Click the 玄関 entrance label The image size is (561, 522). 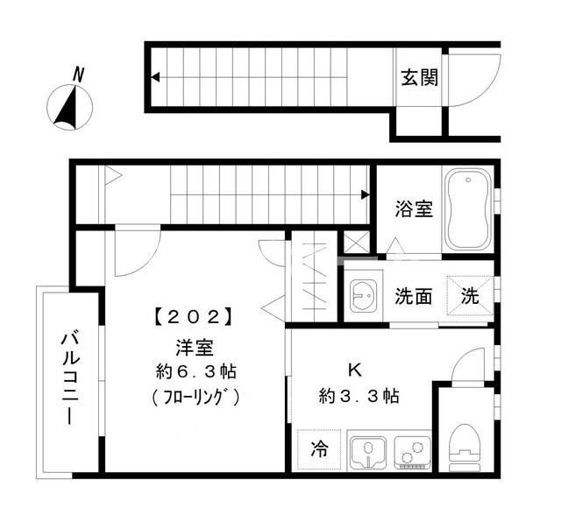click(420, 77)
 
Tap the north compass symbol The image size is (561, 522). click(68, 107)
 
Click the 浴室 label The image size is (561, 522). click(413, 209)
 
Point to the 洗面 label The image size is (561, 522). click(413, 296)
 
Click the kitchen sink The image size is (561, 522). click(366, 452)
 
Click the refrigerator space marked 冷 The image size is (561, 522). click(320, 450)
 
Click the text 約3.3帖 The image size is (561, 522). click(359, 396)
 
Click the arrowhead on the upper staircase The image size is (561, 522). click(155, 78)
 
